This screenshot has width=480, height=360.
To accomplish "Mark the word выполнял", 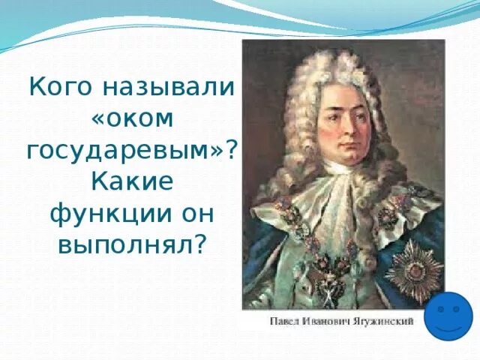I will (124, 244).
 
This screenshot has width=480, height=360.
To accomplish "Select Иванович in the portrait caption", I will (323, 322).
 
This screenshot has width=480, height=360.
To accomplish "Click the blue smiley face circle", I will (448, 316).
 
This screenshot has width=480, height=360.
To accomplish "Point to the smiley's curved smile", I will (448, 326).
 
